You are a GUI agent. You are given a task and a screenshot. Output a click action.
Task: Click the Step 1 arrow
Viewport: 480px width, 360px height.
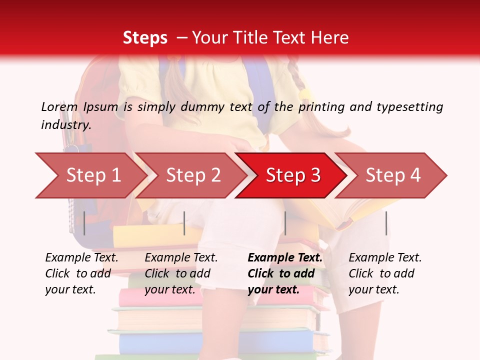tap(93, 175)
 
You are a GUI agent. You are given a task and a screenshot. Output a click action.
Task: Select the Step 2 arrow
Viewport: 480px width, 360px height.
tap(193, 175)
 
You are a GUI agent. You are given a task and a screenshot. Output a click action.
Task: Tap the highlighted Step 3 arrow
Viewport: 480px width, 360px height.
tap(293, 175)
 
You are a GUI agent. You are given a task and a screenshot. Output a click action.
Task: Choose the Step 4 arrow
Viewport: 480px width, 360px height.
tap(393, 175)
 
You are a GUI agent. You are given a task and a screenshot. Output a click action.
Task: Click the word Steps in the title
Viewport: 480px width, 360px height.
tap(145, 38)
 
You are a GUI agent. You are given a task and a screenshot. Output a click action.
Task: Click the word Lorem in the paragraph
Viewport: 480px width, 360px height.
tap(59, 107)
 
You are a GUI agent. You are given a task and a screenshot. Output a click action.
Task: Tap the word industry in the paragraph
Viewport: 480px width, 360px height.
tap(66, 125)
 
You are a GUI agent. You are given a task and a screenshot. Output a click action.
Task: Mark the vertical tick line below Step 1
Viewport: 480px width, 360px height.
tap(84, 223)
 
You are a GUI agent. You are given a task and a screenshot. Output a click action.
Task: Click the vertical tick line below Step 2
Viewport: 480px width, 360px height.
tap(184, 223)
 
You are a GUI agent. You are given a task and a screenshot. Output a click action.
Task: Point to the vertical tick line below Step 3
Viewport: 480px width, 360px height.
tap(285, 223)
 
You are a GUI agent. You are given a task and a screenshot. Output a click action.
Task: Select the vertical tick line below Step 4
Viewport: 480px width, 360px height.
tap(386, 223)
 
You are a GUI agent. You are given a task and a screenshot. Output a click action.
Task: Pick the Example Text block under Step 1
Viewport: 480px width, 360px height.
tap(81, 273)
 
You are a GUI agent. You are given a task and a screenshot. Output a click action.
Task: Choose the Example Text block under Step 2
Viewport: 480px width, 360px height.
tap(181, 273)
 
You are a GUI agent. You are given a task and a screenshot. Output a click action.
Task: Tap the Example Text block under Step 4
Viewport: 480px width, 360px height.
tap(385, 273)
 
